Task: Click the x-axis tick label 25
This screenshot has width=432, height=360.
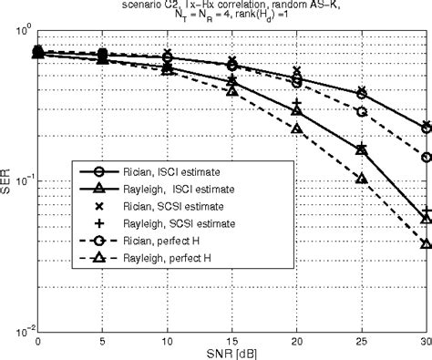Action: point(362,338)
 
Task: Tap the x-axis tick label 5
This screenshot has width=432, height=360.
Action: point(102,338)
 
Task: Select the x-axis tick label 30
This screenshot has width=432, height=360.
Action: point(426,338)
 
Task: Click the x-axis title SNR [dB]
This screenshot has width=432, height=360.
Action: point(231,351)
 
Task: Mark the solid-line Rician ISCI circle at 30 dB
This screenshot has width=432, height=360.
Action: point(427,128)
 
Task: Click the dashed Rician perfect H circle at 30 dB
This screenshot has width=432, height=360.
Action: point(427,157)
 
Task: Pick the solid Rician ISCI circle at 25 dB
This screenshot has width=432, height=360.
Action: point(362,94)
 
